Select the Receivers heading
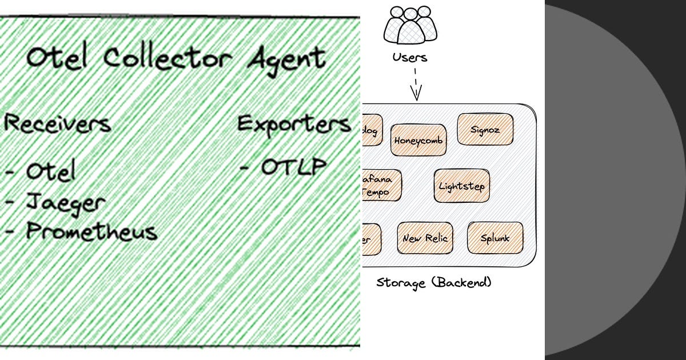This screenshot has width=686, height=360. (x=57, y=123)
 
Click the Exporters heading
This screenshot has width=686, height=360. (x=294, y=124)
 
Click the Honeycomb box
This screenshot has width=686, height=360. (x=418, y=140)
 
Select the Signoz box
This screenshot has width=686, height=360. (x=485, y=130)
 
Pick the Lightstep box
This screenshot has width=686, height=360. (x=461, y=186)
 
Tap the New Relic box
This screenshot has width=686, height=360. (x=425, y=238)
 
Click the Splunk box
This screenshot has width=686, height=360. (x=495, y=238)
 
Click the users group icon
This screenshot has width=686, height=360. (x=410, y=24)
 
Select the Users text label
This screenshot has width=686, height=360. (x=409, y=57)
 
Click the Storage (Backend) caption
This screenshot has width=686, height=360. (x=434, y=282)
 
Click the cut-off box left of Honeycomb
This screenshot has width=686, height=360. (x=372, y=130)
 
